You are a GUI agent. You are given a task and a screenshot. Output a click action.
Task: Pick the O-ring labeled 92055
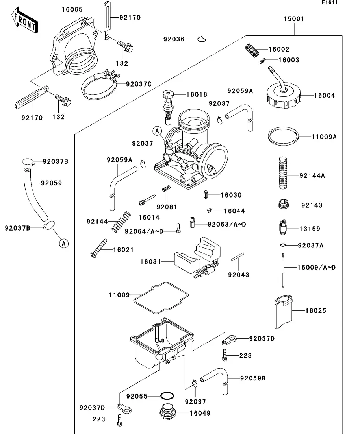(x=167, y=396)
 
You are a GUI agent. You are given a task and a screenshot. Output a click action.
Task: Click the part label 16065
(x=72, y=9)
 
